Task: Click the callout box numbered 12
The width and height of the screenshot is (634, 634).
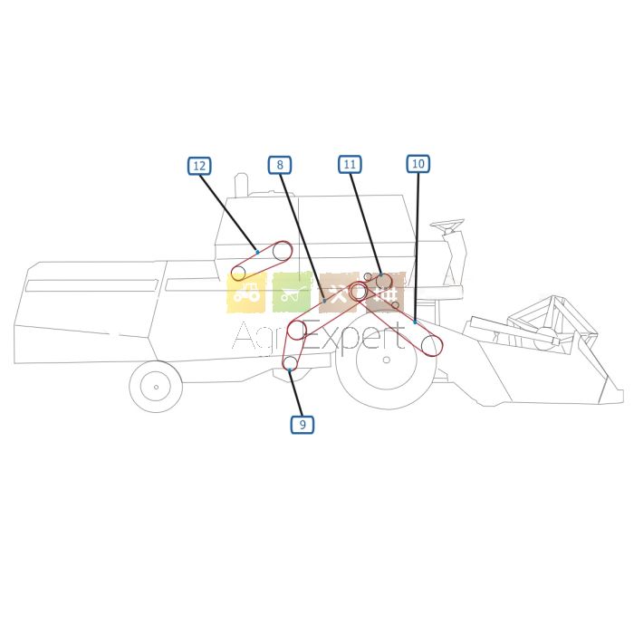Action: [x=199, y=166]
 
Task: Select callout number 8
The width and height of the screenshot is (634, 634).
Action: [x=279, y=165]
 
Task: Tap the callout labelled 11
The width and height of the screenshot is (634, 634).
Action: [x=350, y=164]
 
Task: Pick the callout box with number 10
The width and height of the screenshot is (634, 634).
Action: [x=418, y=163]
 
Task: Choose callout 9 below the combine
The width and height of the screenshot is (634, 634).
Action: [x=303, y=425]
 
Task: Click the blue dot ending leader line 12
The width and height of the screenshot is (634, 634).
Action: [x=257, y=253]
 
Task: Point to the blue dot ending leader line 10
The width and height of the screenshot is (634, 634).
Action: [x=415, y=322]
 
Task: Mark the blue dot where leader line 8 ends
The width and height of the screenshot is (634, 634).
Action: [x=324, y=301]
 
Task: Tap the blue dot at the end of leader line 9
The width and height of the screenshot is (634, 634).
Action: [x=290, y=370]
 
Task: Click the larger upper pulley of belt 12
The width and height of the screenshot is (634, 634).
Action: [x=282, y=252]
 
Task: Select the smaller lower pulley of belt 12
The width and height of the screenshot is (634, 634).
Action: [x=238, y=274]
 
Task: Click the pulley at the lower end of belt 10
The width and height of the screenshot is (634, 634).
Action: [x=430, y=346]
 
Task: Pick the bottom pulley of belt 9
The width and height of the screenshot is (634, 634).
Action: [x=290, y=363]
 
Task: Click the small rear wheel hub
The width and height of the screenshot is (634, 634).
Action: [x=156, y=387]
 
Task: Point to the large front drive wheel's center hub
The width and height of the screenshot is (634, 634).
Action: [x=387, y=360]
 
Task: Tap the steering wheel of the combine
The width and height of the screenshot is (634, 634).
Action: [x=447, y=224]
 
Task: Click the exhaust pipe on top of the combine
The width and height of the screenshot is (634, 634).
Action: [x=242, y=186]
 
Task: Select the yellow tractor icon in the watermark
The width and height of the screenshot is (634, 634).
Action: [x=246, y=293]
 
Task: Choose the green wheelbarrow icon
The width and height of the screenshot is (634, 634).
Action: [x=292, y=293]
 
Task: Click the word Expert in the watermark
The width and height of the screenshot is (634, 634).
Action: [x=354, y=338]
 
